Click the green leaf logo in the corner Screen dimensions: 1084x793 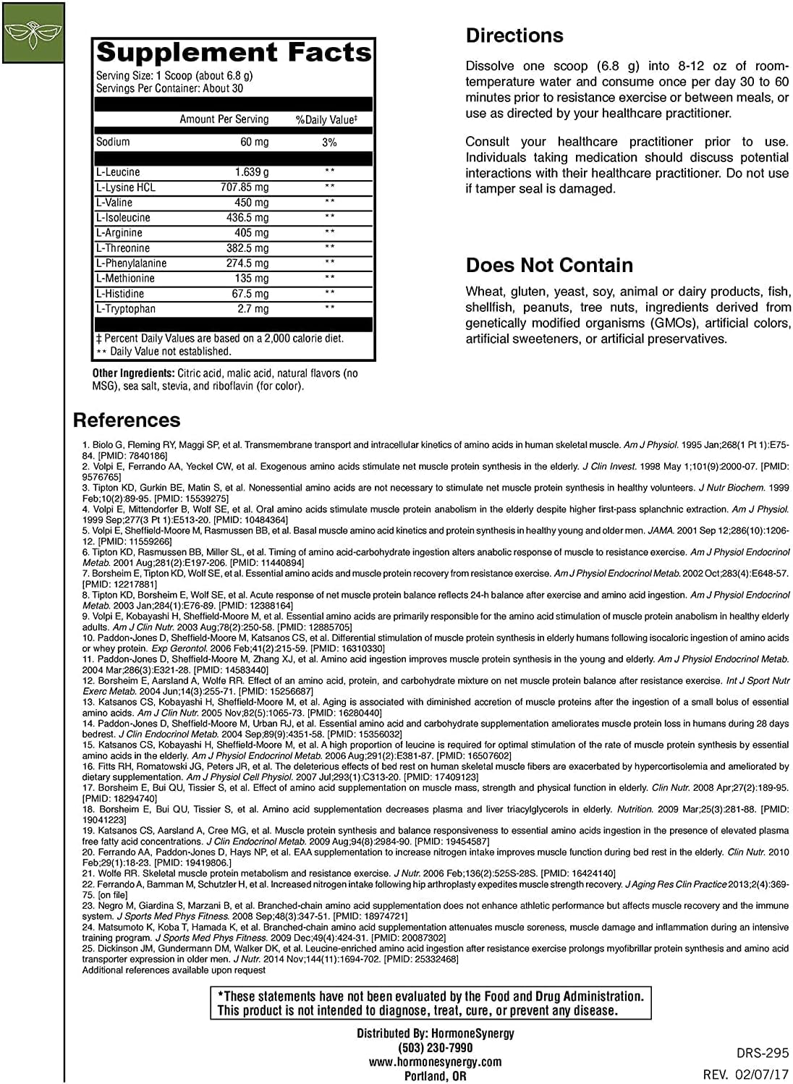pyautogui.click(x=33, y=32)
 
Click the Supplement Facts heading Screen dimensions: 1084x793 pyautogui.click(x=234, y=53)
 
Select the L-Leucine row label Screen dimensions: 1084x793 pyautogui.click(x=118, y=172)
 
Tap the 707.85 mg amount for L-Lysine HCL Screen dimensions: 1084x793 pyautogui.click(x=245, y=187)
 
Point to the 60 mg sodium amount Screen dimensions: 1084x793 pyautogui.click(x=254, y=142)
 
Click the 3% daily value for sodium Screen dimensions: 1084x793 pyautogui.click(x=329, y=143)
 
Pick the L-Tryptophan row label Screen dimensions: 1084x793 pyautogui.click(x=126, y=309)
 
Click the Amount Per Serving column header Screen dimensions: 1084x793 pyautogui.click(x=224, y=119)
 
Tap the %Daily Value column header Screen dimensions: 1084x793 pyautogui.click(x=326, y=119)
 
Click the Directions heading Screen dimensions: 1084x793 pyautogui.click(x=514, y=35)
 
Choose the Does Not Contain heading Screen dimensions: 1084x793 pyautogui.click(x=549, y=265)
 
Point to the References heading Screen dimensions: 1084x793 pyautogui.click(x=127, y=420)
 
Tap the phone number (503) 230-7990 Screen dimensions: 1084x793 pyautogui.click(x=435, y=1048)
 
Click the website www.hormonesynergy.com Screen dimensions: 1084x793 pyautogui.click(x=435, y=1062)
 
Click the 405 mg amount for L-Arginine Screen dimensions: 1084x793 pyautogui.click(x=252, y=233)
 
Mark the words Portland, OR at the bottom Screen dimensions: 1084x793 pyautogui.click(x=435, y=1076)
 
